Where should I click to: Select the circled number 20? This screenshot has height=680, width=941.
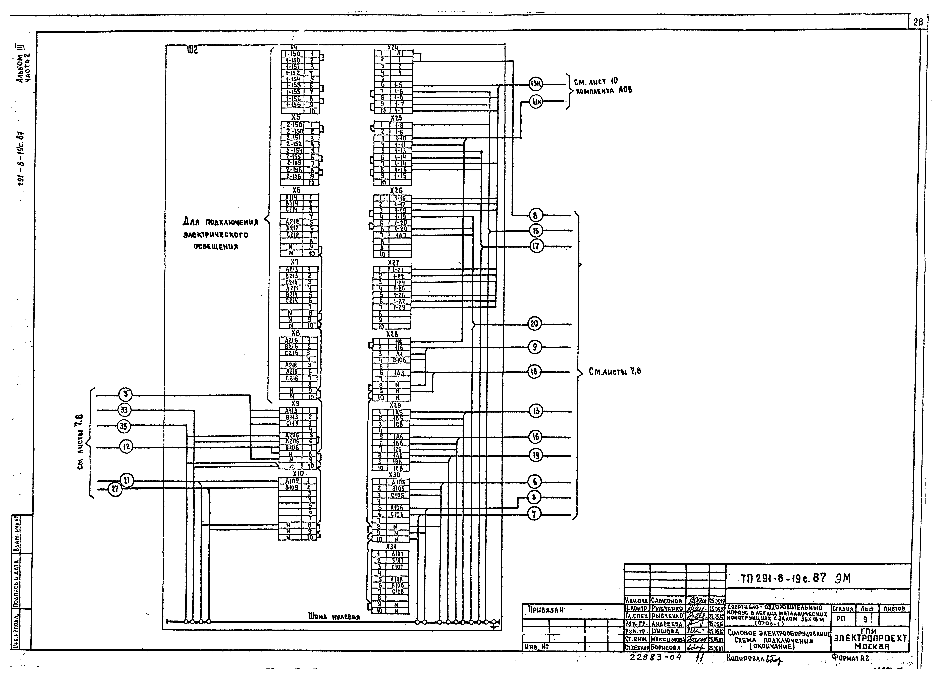(534, 324)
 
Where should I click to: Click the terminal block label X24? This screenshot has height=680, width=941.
(393, 47)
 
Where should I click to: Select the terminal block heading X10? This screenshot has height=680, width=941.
(298, 474)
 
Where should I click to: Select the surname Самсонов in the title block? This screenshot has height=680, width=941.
(667, 601)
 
